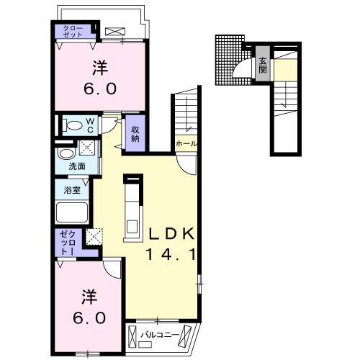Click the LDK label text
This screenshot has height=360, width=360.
tap(172, 234)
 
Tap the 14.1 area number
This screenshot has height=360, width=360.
tap(172, 253)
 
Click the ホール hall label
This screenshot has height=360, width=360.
tap(186, 144)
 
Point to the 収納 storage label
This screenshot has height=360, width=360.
tap(135, 133)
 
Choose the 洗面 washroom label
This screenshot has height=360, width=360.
tap(77, 166)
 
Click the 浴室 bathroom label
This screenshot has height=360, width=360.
tap(71, 191)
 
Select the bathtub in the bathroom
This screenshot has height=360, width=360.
tap(72, 212)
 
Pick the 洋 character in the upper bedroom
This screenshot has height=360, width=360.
tap(98, 69)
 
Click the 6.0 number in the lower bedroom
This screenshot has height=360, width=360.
tap(89, 318)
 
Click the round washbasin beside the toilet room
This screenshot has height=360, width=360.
tap(66, 153)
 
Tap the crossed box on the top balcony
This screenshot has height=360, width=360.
tap(114, 31)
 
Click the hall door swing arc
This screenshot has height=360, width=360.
tap(186, 165)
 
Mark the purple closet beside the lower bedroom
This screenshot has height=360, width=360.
tap(69, 244)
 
